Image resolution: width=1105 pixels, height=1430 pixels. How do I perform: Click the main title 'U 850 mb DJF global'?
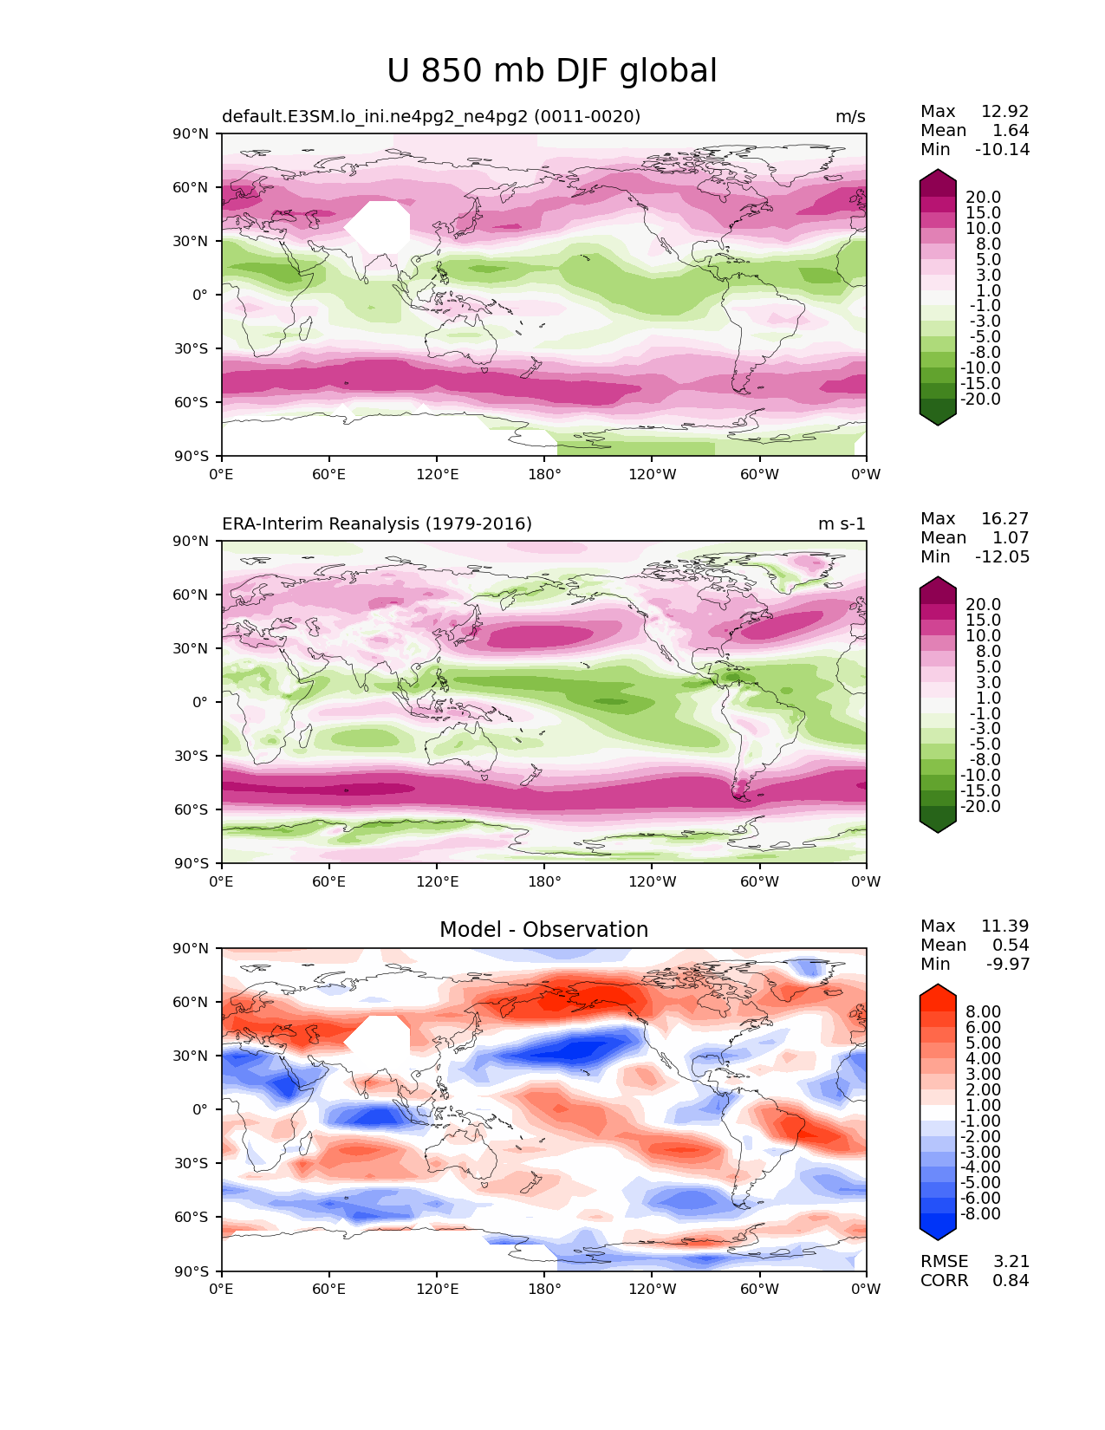[x=552, y=71]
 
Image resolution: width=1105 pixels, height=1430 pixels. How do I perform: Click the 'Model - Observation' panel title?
[x=543, y=930]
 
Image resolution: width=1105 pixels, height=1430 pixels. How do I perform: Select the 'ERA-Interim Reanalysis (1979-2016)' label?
[x=377, y=524]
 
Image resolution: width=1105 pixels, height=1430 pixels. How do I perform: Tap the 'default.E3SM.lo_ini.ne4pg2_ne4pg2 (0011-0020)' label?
[x=431, y=117]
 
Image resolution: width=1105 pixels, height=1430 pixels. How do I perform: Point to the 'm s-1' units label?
[x=842, y=524]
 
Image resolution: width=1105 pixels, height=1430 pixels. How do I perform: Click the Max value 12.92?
[x=1004, y=112]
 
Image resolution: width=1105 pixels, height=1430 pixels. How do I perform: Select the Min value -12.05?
[x=1002, y=557]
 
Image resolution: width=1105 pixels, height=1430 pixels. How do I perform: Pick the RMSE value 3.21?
[x=1011, y=1262]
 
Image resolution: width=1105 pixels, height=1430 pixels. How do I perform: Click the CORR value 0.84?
[x=1011, y=1281]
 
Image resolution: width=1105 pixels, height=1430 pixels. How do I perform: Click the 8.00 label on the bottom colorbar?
[x=983, y=1012]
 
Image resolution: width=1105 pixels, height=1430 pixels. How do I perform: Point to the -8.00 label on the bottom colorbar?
[x=980, y=1214]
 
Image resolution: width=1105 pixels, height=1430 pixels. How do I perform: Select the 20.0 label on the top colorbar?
[x=983, y=198]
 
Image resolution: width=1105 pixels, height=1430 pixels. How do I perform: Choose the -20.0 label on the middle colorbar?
[x=980, y=807]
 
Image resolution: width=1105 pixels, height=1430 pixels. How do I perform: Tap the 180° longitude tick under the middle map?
[x=544, y=882]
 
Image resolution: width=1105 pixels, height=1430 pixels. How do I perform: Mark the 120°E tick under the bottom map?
[x=437, y=1290]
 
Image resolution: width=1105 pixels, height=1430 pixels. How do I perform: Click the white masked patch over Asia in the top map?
[x=379, y=226]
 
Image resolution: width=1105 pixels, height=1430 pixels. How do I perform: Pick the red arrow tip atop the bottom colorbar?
[x=938, y=988]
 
